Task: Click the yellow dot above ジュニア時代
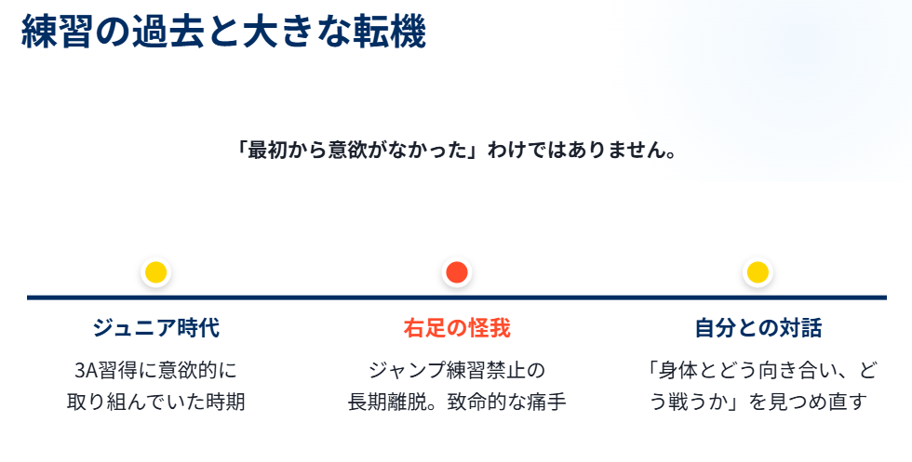(155, 272)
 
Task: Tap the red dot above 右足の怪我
(456, 272)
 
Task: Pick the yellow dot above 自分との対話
(758, 272)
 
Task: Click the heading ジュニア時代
(155, 328)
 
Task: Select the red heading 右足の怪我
(456, 328)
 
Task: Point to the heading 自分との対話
(758, 328)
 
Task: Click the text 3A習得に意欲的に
(155, 370)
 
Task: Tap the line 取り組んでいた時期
(155, 403)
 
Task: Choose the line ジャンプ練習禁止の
(456, 370)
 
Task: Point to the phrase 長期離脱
(382, 403)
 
